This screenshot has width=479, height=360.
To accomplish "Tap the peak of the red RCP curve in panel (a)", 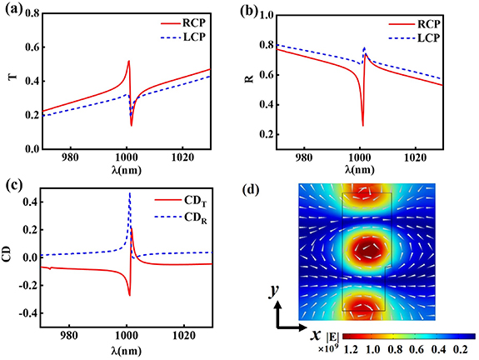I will (x=128, y=61).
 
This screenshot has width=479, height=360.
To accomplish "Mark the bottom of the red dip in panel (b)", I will (x=362, y=125).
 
